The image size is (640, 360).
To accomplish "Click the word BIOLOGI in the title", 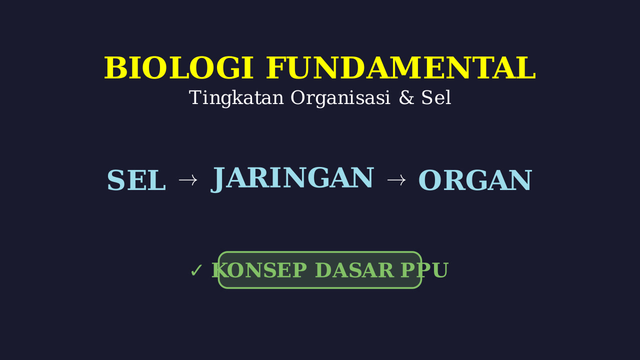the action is (x=178, y=67).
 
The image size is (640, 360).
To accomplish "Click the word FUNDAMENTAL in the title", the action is (x=400, y=67).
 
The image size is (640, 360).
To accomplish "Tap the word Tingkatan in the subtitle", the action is (x=236, y=98).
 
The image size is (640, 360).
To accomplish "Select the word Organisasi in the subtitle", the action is (x=340, y=98).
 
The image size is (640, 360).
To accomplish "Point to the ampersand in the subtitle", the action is (x=406, y=97).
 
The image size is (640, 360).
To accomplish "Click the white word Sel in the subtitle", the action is (x=436, y=97).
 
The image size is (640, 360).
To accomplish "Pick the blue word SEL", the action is (x=136, y=180).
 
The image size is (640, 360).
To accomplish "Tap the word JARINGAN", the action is (x=292, y=179).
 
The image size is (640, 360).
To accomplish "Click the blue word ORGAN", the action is (x=475, y=180).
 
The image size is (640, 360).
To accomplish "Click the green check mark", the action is (x=196, y=270).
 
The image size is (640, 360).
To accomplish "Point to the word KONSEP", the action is (x=259, y=270).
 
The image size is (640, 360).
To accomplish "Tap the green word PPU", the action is (x=424, y=270).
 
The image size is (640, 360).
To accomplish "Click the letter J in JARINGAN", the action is (x=217, y=180).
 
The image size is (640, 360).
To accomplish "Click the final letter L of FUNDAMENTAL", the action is (x=525, y=67).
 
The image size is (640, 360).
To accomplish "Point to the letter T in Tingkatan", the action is (x=196, y=97).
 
